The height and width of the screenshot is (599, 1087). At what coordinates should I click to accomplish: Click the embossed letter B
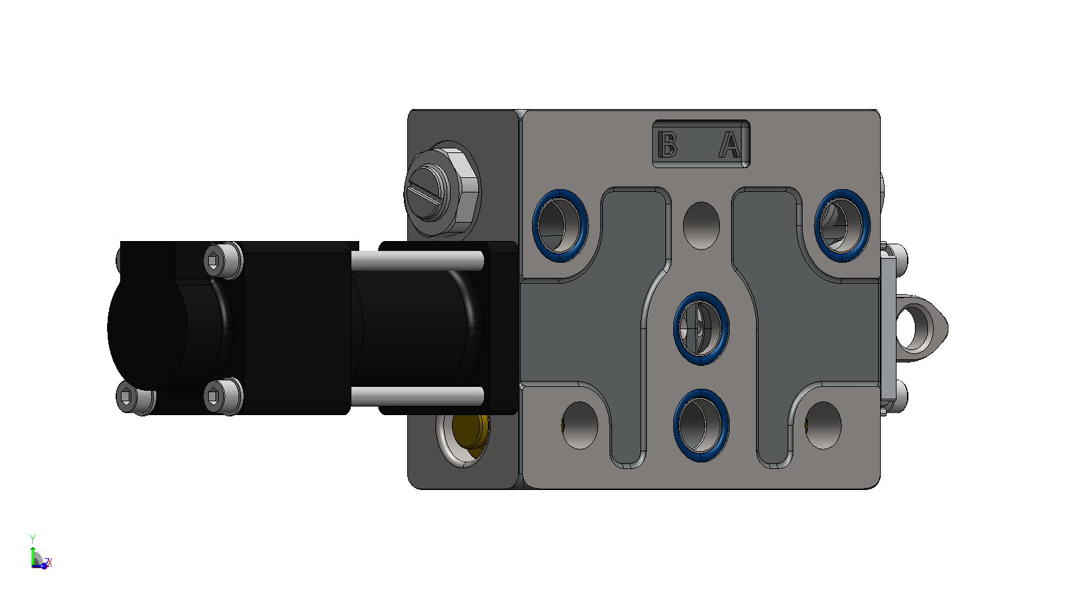[667, 144]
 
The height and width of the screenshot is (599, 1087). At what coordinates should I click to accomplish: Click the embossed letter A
[729, 144]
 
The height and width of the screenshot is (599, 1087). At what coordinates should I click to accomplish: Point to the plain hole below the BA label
[701, 226]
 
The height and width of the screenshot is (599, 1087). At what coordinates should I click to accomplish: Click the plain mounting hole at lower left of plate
[580, 425]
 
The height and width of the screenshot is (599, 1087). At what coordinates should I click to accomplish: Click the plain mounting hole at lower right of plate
[823, 425]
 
